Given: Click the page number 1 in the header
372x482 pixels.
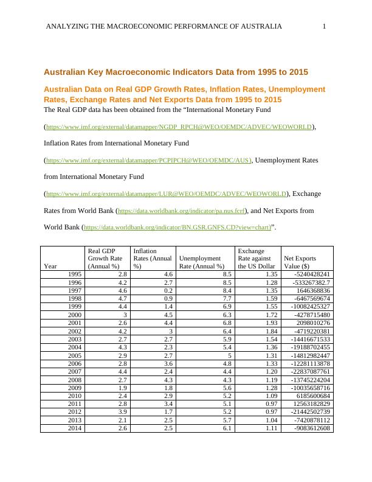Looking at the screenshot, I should coord(325,26).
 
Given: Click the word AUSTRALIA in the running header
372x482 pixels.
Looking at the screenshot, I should coord(256,26).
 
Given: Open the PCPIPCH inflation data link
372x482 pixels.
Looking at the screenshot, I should coord(148,161).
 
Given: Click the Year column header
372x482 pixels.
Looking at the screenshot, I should coord(51,266).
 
